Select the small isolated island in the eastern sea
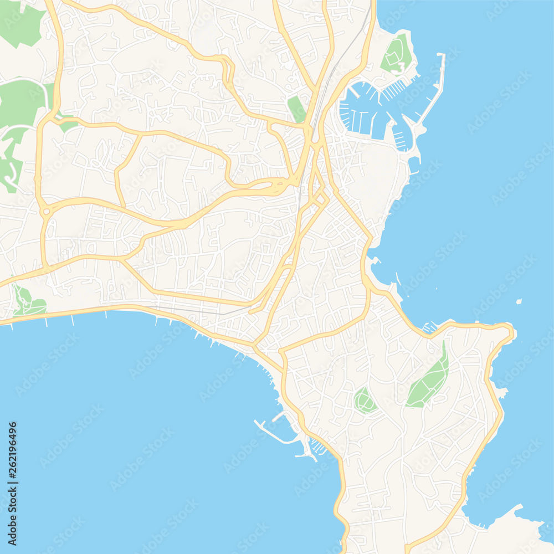click(519, 301)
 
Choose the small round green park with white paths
click(365, 401)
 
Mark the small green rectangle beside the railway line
click(296, 109)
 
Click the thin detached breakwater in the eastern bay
click(398, 278)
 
